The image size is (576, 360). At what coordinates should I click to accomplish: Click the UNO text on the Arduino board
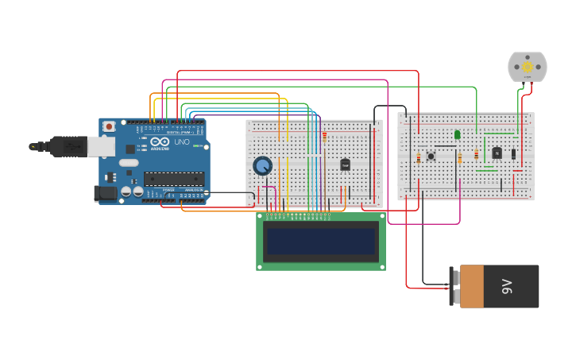pyautogui.click(x=182, y=143)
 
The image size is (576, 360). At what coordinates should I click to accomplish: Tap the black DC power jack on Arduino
pyautogui.click(x=106, y=193)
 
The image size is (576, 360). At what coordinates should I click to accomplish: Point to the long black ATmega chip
pyautogui.click(x=173, y=179)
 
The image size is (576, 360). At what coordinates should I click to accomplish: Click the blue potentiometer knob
pyautogui.click(x=262, y=165)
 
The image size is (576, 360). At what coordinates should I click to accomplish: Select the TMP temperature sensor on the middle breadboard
pyautogui.click(x=345, y=165)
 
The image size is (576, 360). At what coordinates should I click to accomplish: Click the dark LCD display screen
pyautogui.click(x=321, y=242)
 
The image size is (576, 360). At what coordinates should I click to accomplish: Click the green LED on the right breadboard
pyautogui.click(x=458, y=134)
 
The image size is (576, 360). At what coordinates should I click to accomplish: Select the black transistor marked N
pyautogui.click(x=497, y=153)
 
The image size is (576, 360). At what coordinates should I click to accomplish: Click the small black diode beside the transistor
pyautogui.click(x=513, y=153)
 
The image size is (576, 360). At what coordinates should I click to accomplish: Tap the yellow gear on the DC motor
pyautogui.click(x=528, y=67)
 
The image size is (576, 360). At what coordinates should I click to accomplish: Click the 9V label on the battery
pyautogui.click(x=507, y=286)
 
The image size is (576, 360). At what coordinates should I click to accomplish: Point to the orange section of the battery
pyautogui.click(x=471, y=286)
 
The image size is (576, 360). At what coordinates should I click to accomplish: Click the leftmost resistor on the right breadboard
pyautogui.click(x=419, y=158)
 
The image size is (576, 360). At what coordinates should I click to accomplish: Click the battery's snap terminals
pyautogui.click(x=454, y=286)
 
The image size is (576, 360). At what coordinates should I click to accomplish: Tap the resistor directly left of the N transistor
pyautogui.click(x=476, y=155)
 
